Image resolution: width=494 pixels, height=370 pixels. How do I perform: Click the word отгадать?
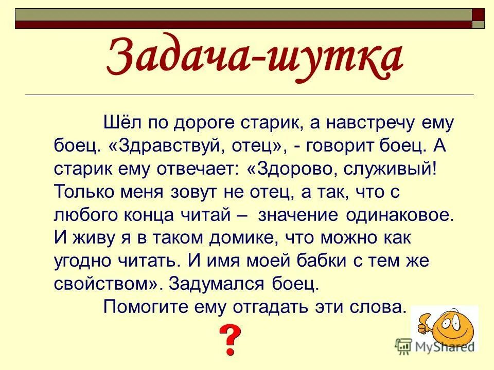(x=280, y=307)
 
